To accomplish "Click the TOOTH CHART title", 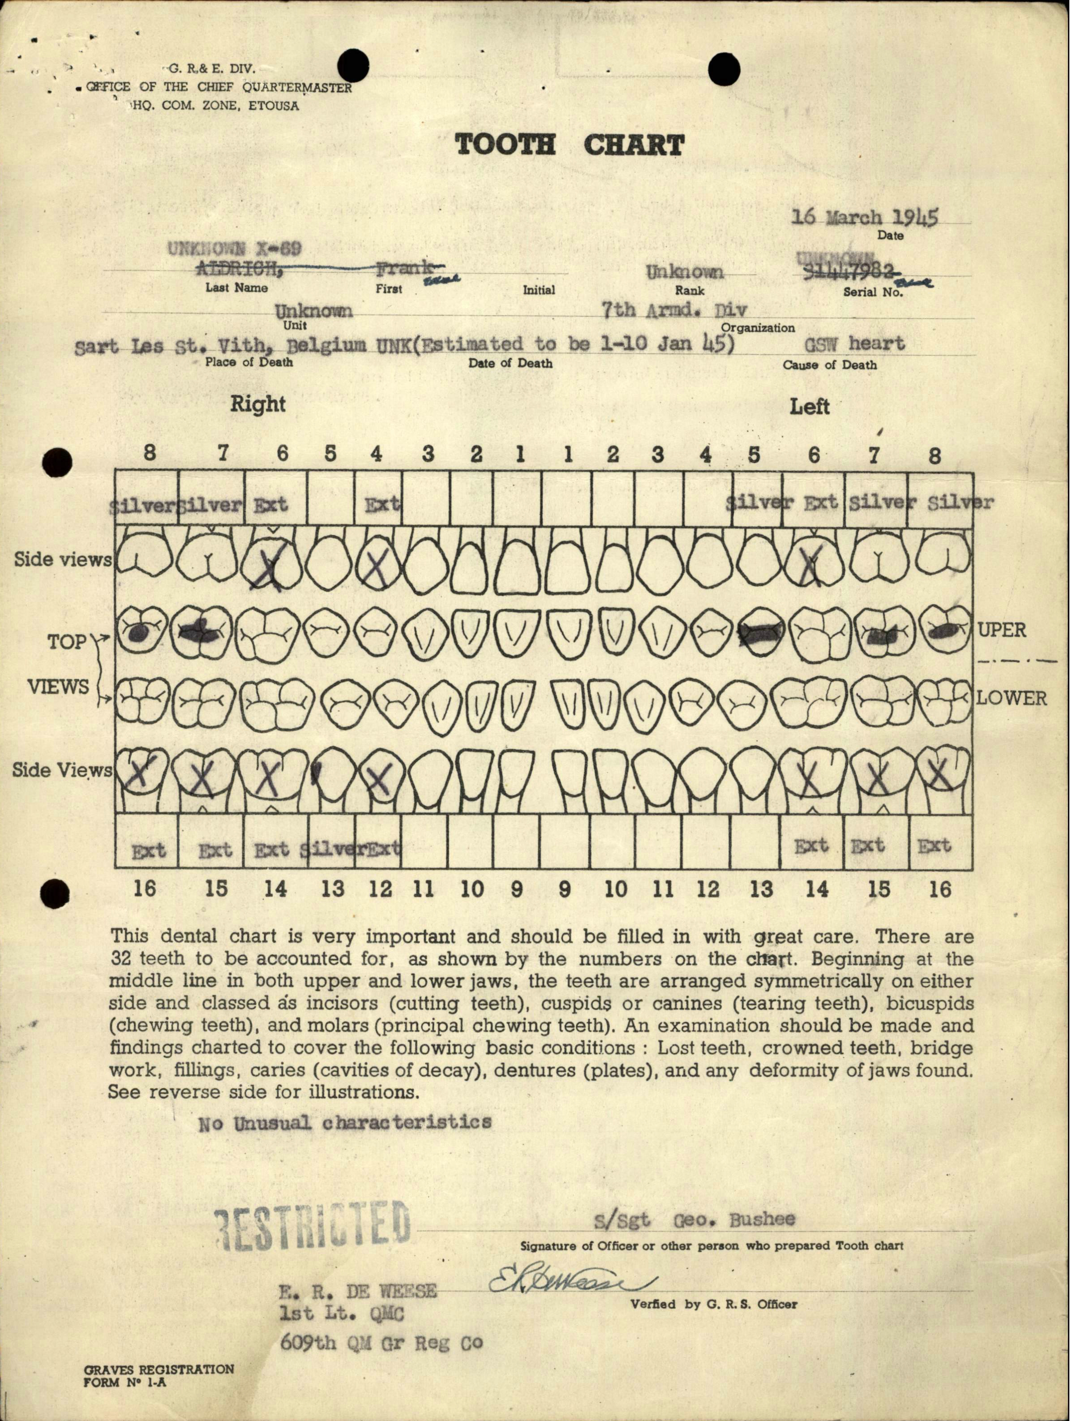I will pos(570,145).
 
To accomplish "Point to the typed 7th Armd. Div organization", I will pos(674,311).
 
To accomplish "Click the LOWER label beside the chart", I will pos(1011,698).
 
